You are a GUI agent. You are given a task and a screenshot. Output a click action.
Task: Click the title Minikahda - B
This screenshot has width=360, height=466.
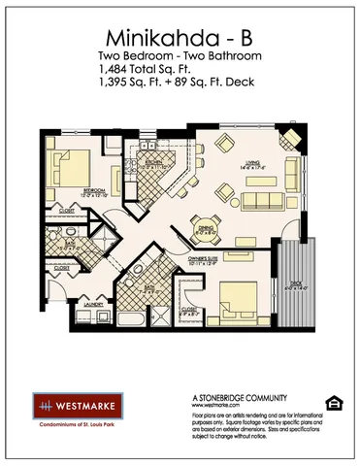(x=180, y=39)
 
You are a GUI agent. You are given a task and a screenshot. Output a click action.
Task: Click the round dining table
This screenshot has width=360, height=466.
(x=206, y=230)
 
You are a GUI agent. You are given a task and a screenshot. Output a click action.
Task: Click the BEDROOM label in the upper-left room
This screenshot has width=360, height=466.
(x=67, y=190)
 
